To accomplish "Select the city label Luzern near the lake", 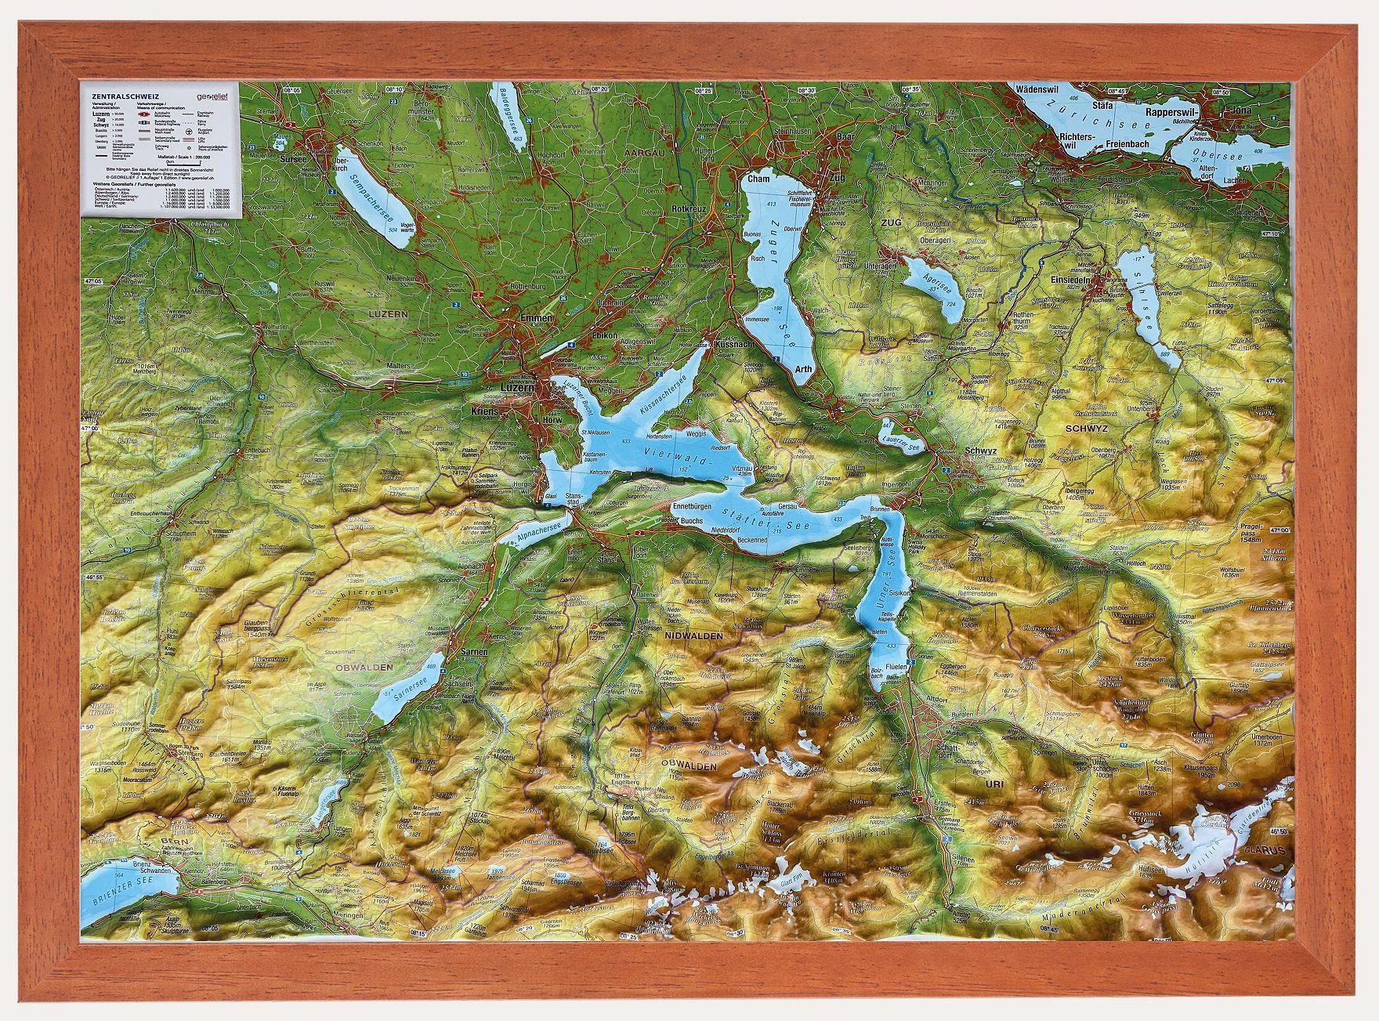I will coord(518,388).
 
